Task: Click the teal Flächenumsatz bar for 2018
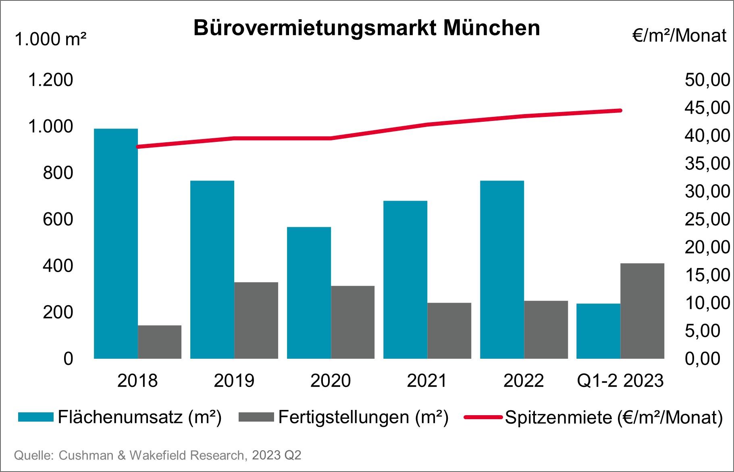pos(116,243)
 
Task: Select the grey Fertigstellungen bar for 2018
pos(160,342)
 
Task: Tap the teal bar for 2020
pos(309,293)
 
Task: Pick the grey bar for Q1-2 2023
pos(642,311)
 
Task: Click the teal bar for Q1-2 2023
pos(598,331)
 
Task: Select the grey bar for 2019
pos(256,320)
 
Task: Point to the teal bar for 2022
pos(502,269)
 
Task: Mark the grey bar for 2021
pos(449,331)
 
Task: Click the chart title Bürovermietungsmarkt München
pos(366,28)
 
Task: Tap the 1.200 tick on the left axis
pos(50,80)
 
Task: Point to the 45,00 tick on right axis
pos(707,108)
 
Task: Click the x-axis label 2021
pos(427,381)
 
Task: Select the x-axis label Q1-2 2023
pos(620,381)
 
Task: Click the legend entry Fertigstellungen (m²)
pos(363,417)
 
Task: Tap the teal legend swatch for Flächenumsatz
pos(35,417)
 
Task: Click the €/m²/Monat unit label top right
pos(679,36)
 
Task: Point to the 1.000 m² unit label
pos(50,40)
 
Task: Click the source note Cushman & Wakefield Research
pos(157,455)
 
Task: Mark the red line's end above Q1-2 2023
pos(620,110)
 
